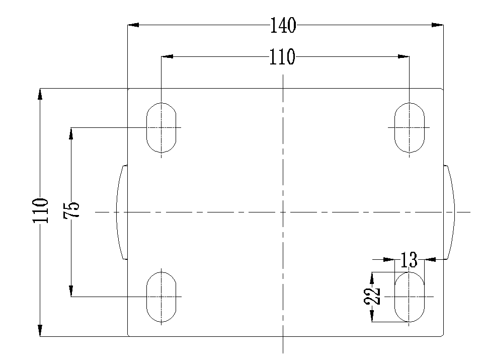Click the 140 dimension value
[x=283, y=25]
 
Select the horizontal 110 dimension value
[x=282, y=56]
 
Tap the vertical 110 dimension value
[x=41, y=210]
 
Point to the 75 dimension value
[x=71, y=210]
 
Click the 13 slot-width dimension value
[x=409, y=260]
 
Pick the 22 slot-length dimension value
[x=372, y=296]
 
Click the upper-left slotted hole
[x=162, y=128]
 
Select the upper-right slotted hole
[x=409, y=128]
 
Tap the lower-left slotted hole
[x=162, y=297]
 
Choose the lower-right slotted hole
[x=409, y=297]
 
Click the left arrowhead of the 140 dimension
[x=133, y=25]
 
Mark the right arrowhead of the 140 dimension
[x=437, y=25]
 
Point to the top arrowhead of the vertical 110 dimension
[x=40, y=94]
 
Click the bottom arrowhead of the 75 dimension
[x=71, y=291]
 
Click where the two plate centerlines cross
[x=283, y=212]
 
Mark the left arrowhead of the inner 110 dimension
[x=167, y=56]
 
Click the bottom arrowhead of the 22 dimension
[x=372, y=316]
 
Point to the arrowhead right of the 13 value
[x=430, y=260]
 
